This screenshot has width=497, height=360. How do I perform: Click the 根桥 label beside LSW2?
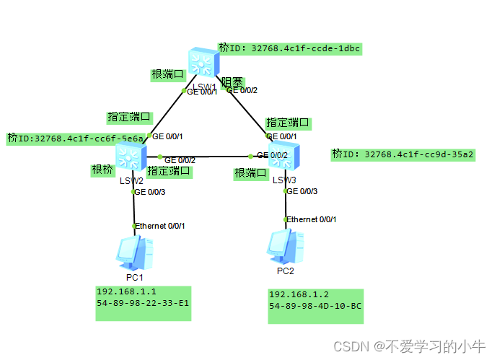click(x=102, y=170)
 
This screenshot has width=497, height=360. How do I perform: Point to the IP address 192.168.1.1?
click(x=127, y=291)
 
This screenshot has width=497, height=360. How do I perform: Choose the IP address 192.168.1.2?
click(x=299, y=294)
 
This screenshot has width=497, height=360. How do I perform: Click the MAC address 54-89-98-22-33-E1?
click(x=143, y=304)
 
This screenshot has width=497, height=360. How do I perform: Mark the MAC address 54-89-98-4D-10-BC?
click(x=315, y=307)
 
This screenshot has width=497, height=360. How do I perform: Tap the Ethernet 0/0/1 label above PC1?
click(x=160, y=227)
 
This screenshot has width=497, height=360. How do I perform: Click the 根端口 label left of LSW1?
click(x=168, y=74)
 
